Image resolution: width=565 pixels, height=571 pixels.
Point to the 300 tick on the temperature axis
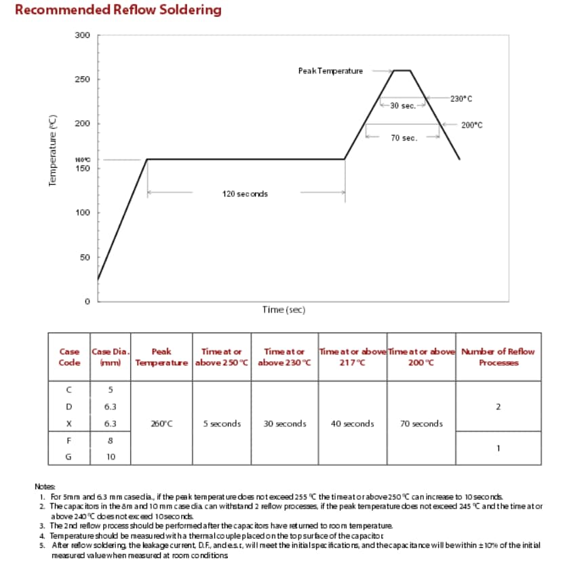pyautogui.click(x=82, y=35)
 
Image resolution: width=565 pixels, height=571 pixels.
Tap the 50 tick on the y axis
pyautogui.click(x=84, y=257)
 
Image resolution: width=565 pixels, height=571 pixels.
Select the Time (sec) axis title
pyautogui.click(x=284, y=310)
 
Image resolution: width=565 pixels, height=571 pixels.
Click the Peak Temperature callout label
pyautogui.click(x=330, y=71)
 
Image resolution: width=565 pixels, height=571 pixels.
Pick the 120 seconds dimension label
pyautogui.click(x=245, y=194)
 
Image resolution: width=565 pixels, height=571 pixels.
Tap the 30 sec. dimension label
pyautogui.click(x=403, y=106)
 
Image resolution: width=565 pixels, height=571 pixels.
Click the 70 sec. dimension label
pyautogui.click(x=404, y=138)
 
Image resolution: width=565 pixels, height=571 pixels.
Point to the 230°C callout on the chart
pyautogui.click(x=461, y=98)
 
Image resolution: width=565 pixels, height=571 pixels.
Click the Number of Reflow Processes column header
pyautogui.click(x=499, y=356)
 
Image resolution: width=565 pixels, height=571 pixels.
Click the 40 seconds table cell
pyautogui.click(x=353, y=424)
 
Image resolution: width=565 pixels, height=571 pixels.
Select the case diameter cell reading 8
pyautogui.click(x=110, y=441)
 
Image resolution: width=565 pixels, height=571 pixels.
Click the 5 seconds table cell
pyautogui.click(x=222, y=424)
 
